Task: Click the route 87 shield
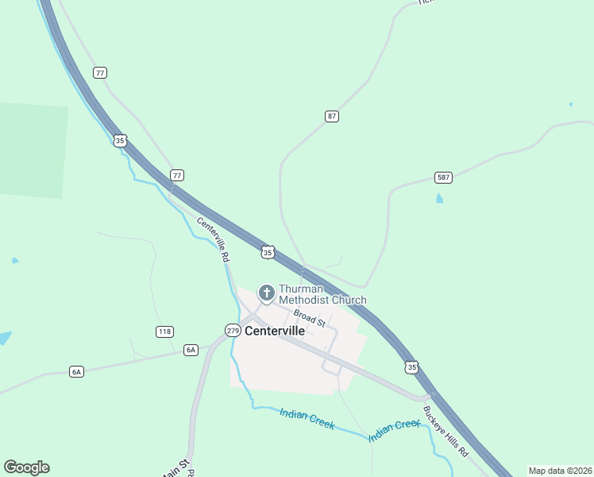(x=332, y=116)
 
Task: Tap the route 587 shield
(x=443, y=176)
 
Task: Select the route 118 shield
(x=164, y=332)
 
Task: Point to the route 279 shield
(x=233, y=330)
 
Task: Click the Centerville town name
(x=276, y=331)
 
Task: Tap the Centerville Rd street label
(x=213, y=240)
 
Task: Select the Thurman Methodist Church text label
(x=322, y=294)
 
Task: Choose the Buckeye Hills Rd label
(x=445, y=432)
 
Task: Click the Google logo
(x=26, y=467)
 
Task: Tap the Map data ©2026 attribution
(x=560, y=471)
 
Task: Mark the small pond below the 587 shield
(x=439, y=198)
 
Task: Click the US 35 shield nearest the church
(x=268, y=252)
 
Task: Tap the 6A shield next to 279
(x=190, y=349)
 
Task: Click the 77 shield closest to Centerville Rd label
(x=177, y=175)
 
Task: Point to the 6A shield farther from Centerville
(x=76, y=371)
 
